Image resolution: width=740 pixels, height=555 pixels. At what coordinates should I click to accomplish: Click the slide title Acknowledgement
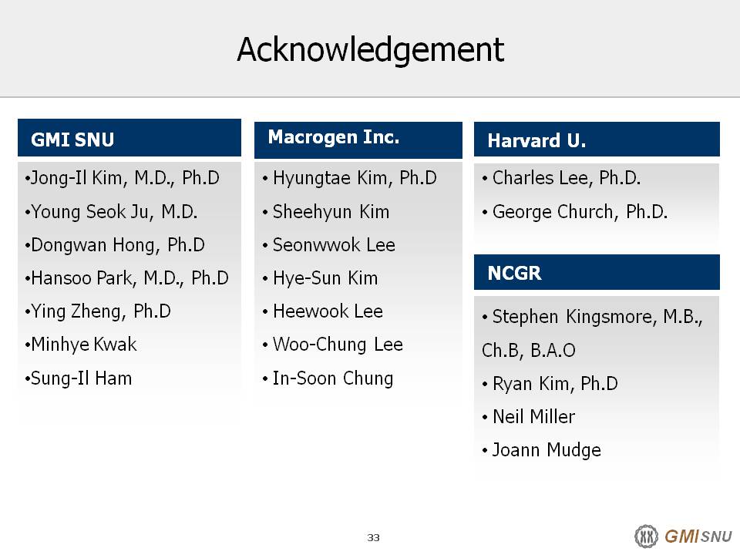coord(371,50)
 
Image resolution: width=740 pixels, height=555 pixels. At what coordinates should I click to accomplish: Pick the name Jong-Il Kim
coord(76,178)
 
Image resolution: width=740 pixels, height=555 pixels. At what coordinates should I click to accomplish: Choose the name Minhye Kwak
coord(83,345)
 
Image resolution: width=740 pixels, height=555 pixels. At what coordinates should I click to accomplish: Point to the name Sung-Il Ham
coord(81,378)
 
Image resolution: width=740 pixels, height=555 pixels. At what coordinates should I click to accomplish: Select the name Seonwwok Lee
coord(334,245)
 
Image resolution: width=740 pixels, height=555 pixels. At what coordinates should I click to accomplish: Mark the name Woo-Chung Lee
coord(338,345)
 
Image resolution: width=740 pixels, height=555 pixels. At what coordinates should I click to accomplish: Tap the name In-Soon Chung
coord(333,378)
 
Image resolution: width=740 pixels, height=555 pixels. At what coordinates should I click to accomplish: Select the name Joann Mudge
coord(547,450)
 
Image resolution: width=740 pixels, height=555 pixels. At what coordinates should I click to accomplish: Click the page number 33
coord(373,537)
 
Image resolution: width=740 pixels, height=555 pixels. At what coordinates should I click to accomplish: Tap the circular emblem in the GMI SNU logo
coord(646,536)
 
